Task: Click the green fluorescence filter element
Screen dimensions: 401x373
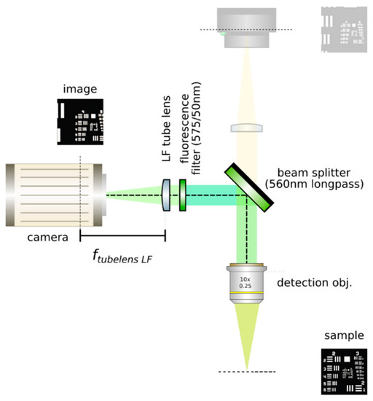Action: [x=181, y=195]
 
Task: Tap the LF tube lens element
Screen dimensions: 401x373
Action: [x=167, y=195]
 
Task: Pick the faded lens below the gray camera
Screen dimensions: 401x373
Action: [x=247, y=128]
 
